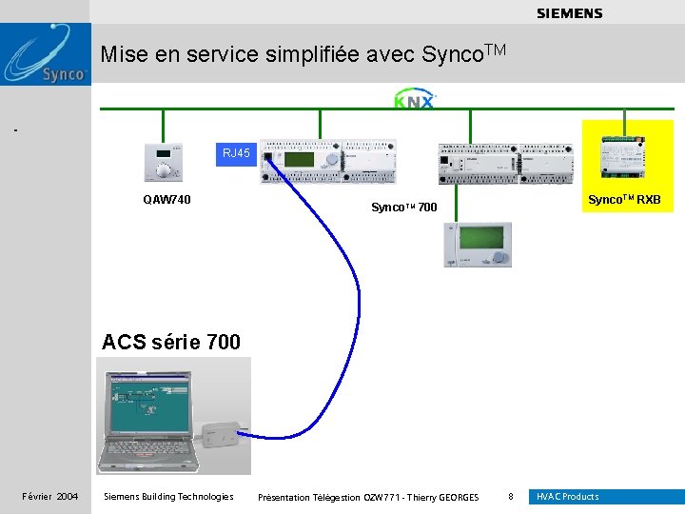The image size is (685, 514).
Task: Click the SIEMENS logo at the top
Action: coord(569,13)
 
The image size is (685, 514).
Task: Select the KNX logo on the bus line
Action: coord(414,100)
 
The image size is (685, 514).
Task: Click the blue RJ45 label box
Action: coord(236,153)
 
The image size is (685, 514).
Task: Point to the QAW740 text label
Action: coord(166,200)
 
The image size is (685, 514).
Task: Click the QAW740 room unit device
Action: coord(166,164)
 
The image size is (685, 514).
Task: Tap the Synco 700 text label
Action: coord(403,207)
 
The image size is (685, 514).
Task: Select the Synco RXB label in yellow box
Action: coord(624,200)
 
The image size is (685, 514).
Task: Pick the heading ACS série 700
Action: coord(171,341)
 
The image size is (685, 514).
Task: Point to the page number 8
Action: coord(511,497)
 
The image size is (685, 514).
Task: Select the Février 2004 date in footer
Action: coord(50,497)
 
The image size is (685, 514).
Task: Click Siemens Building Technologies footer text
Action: coord(167,497)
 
